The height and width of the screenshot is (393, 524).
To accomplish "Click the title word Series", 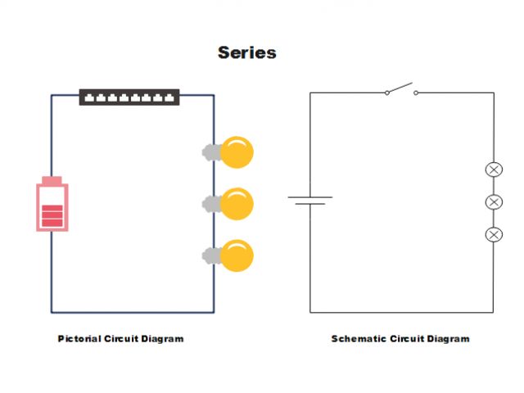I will pyautogui.click(x=246, y=53).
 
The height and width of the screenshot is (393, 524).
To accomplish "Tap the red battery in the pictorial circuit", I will pyautogui.click(x=51, y=206).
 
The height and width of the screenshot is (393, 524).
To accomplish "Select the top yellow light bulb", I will pyautogui.click(x=237, y=152).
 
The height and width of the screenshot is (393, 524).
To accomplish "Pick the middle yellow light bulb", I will pyautogui.click(x=237, y=204).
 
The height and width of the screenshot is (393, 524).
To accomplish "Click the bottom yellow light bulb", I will pyautogui.click(x=237, y=255).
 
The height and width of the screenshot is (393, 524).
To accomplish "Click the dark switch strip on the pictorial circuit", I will pyautogui.click(x=129, y=97).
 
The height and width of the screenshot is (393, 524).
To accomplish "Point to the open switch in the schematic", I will pyautogui.click(x=401, y=89).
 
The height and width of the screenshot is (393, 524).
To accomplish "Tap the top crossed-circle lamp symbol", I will pyautogui.click(x=494, y=169).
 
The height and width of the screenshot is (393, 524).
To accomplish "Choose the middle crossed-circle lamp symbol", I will pyautogui.click(x=494, y=202).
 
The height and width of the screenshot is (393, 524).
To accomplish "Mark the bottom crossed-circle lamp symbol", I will pyautogui.click(x=494, y=235).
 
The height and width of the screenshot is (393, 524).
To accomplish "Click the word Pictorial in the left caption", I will pyautogui.click(x=79, y=339).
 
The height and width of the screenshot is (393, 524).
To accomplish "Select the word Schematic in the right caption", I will pyautogui.click(x=359, y=339).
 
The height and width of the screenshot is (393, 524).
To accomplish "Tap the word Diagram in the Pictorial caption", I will pyautogui.click(x=164, y=339).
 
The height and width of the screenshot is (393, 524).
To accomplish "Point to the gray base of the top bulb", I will pyautogui.click(x=210, y=152).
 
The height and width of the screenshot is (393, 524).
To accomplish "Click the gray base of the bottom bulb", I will pyautogui.click(x=210, y=255).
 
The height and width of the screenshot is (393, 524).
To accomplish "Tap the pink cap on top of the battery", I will pyautogui.click(x=51, y=180).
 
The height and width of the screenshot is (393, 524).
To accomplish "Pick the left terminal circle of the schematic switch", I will pyautogui.click(x=386, y=93).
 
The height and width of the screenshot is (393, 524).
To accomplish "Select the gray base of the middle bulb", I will pyautogui.click(x=210, y=204).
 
